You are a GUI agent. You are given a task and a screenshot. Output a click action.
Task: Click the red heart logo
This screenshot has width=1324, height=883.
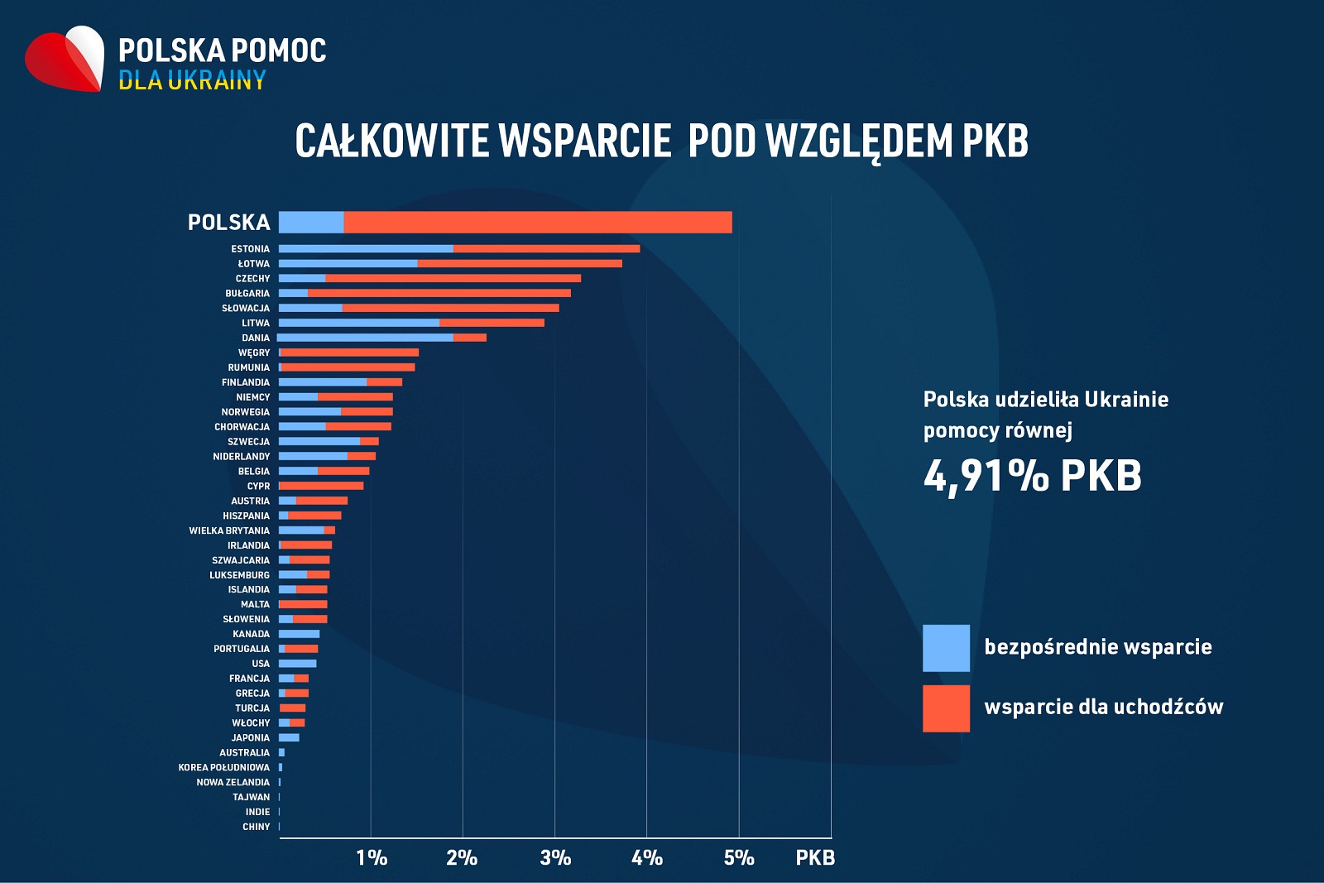click(65, 60)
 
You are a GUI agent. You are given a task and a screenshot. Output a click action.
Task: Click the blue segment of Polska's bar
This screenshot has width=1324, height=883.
click(311, 222)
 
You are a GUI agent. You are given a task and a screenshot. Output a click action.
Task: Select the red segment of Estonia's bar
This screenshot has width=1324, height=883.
click(546, 248)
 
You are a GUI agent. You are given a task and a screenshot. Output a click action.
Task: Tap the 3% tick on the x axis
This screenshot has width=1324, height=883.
click(555, 857)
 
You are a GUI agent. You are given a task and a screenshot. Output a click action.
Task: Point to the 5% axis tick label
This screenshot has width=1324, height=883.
click(739, 857)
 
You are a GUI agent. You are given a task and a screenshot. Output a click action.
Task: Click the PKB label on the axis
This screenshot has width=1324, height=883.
click(815, 857)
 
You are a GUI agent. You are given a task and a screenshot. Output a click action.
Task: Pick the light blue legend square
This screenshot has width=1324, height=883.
click(946, 648)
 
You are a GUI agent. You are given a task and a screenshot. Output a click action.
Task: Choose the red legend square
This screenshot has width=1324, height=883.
click(946, 708)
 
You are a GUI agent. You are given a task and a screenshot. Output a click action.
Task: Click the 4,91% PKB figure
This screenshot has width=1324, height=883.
click(1032, 476)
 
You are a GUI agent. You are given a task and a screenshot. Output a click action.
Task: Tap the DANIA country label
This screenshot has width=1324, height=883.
click(256, 338)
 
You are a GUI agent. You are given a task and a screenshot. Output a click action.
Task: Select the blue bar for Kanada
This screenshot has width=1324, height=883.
click(299, 634)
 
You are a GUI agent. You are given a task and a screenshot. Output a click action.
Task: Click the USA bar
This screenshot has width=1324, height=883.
click(297, 664)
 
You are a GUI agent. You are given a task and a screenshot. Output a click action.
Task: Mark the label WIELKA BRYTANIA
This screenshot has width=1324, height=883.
click(229, 530)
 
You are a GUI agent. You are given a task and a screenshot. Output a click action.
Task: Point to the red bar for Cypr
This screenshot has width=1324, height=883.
click(321, 486)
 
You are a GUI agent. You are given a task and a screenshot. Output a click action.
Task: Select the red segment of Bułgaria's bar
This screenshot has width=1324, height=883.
click(439, 293)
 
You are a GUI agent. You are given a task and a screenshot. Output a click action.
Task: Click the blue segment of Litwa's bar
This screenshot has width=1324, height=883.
click(358, 323)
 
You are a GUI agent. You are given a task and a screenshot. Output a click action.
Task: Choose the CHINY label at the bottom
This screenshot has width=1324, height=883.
click(256, 827)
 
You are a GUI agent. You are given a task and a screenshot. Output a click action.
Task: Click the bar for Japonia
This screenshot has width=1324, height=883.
click(289, 737)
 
